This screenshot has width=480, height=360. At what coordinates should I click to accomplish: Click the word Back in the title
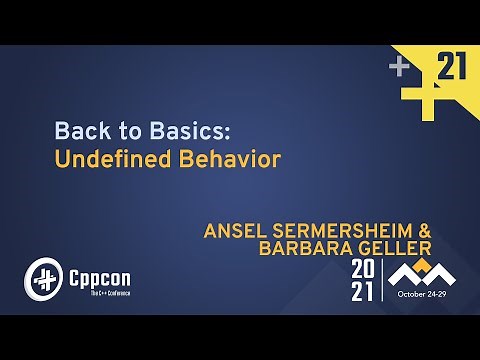pyautogui.click(x=76, y=131)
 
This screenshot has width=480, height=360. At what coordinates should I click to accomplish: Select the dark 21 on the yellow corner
pyautogui.click(x=454, y=67)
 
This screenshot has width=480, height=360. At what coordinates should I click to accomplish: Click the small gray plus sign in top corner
pyautogui.click(x=400, y=66)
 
